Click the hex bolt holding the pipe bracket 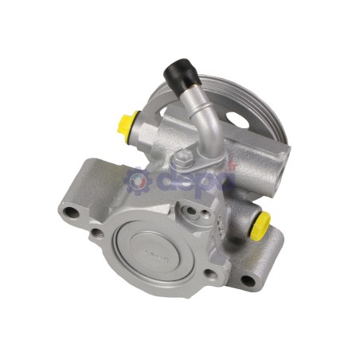183,157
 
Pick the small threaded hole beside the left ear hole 96,233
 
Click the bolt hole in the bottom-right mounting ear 248,280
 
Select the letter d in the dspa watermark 159,180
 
